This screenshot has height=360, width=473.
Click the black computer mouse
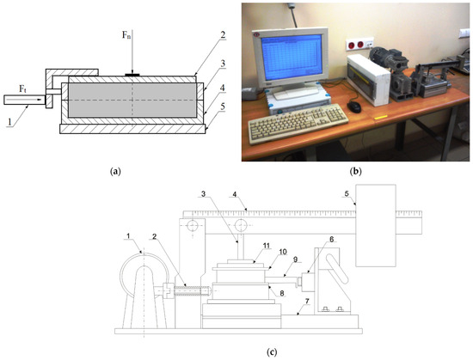pos(354,107)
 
